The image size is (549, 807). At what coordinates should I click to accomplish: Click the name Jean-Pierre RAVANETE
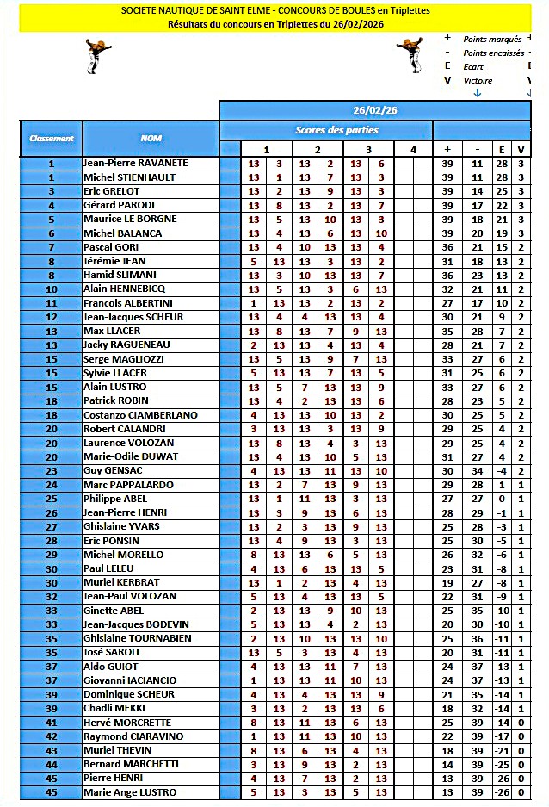click(135, 163)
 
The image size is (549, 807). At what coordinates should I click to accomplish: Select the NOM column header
click(151, 138)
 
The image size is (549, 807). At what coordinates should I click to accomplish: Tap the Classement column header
click(52, 138)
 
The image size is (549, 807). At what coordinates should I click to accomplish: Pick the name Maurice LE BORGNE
click(130, 219)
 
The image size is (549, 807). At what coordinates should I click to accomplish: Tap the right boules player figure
click(408, 56)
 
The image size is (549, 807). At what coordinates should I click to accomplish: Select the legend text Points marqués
click(493, 40)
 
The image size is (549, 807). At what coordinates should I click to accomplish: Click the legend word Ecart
click(473, 67)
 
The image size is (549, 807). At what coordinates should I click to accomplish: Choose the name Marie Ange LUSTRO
click(130, 792)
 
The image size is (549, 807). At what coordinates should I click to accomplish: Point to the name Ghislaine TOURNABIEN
click(138, 638)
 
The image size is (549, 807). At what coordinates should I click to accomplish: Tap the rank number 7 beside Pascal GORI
click(51, 247)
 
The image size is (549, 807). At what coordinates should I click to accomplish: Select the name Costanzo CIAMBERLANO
click(140, 415)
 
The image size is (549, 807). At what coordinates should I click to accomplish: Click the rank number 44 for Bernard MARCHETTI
click(51, 765)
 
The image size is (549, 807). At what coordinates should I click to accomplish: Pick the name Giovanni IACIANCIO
click(130, 680)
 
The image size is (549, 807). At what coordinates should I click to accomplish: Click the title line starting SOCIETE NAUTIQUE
click(275, 10)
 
